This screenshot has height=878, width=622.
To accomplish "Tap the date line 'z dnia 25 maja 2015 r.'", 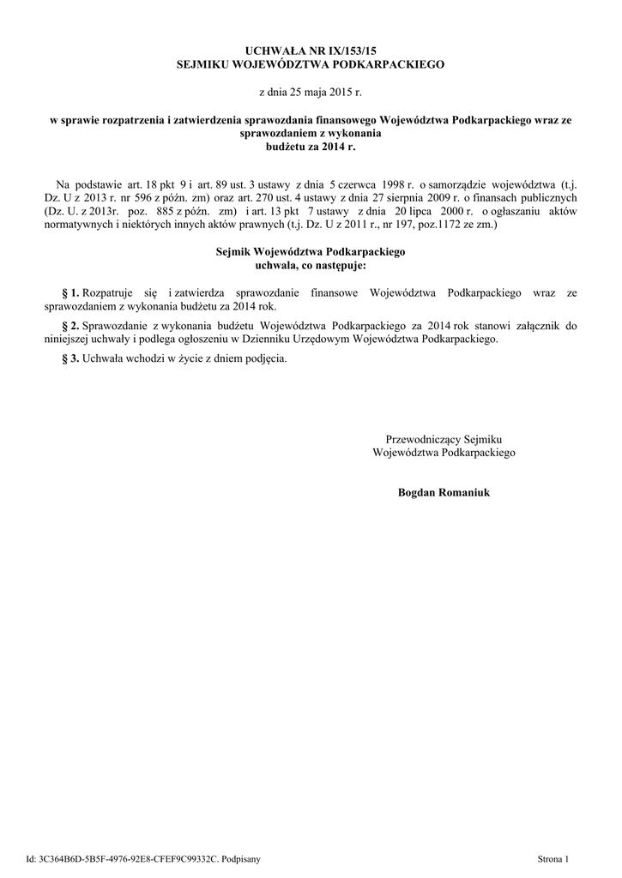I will point(311,90).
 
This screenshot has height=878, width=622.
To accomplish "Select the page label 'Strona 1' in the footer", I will point(553,858).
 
